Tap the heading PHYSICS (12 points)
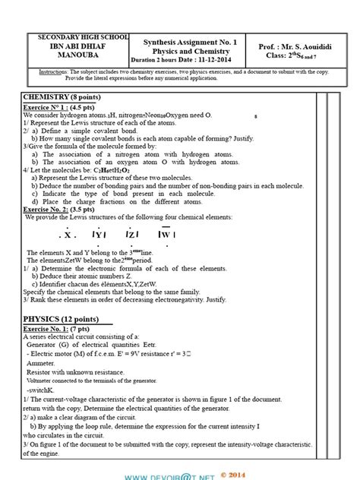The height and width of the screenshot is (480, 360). pyautogui.click(x=59, y=319)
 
